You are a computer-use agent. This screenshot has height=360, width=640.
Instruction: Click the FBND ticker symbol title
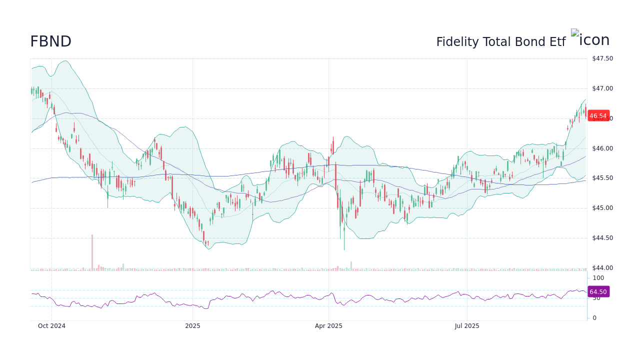pos(50,42)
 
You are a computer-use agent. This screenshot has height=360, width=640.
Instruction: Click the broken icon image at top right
pos(575,33)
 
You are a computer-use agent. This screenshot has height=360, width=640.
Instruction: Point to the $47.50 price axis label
pos(602,58)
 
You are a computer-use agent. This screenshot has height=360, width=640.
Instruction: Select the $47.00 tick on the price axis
pos(602,88)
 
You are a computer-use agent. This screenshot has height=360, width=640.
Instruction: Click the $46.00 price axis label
pos(602,148)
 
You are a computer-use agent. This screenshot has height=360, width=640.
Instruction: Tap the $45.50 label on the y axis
pos(602,178)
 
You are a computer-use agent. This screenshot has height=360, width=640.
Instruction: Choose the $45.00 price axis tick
pos(602,208)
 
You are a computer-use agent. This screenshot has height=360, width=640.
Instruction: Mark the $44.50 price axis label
pos(602,238)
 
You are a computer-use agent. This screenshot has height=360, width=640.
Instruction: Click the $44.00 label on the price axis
pos(602,268)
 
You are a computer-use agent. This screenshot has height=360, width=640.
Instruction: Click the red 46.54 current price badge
pos(598,116)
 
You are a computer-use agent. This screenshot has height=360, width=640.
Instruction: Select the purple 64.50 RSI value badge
pos(598,292)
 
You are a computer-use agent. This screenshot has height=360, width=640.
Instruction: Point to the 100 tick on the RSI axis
pos(598,278)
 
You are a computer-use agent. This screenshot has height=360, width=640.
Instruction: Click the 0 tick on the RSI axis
pos(594,318)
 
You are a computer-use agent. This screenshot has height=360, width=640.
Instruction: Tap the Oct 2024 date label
pos(51,326)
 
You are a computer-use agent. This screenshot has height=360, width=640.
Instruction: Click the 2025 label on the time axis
pos(192,326)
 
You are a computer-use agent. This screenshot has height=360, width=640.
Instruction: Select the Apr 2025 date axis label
pos(328,326)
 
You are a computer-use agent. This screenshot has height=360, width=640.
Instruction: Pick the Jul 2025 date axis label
pos(467,326)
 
